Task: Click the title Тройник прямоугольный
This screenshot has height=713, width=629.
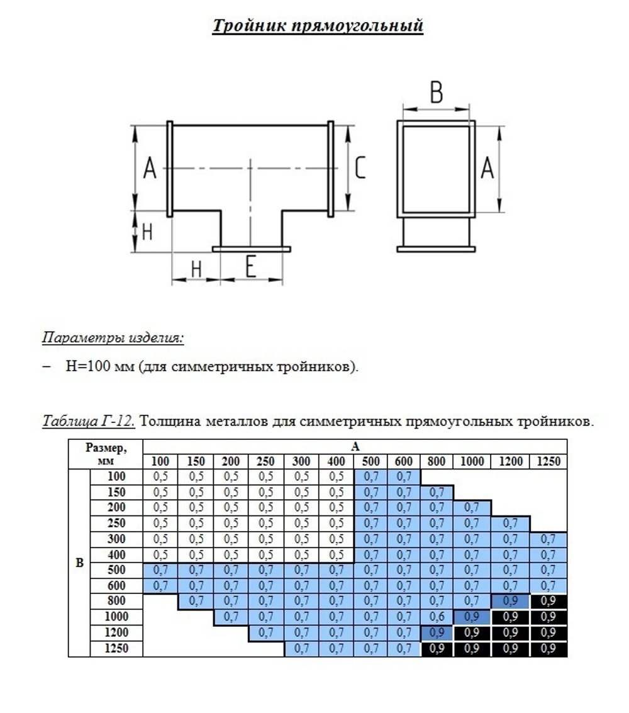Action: [x=318, y=26]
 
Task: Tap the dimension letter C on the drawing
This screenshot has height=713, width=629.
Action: [x=360, y=168]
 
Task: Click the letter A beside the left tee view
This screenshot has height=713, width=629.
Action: [x=150, y=169]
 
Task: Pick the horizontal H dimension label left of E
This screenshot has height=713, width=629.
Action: [x=196, y=269]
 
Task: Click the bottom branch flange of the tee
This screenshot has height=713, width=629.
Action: [x=251, y=249]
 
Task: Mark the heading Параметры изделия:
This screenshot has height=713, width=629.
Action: [x=113, y=338]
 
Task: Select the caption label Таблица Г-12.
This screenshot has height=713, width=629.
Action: [x=89, y=421]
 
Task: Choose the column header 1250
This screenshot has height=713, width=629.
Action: [x=548, y=462]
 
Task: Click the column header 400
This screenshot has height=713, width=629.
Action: [x=336, y=462]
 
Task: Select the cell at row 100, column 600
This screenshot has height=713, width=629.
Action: [x=403, y=477]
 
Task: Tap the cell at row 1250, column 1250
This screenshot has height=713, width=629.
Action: [x=548, y=648]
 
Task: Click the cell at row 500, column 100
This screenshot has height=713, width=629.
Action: [x=161, y=570]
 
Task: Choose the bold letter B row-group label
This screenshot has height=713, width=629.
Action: [x=79, y=563]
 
